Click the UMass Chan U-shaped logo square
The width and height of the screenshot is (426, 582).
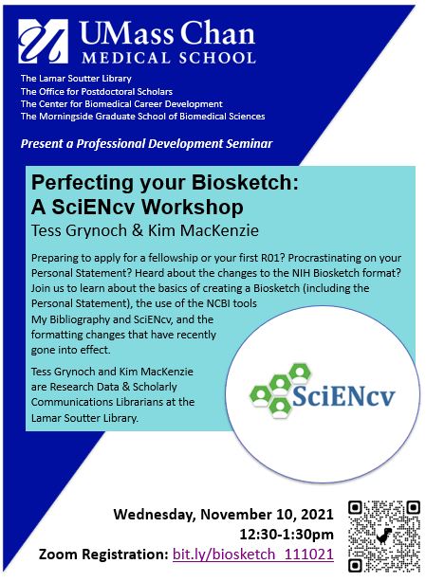pos(43,41)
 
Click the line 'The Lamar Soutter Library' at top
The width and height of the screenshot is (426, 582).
pos(76,79)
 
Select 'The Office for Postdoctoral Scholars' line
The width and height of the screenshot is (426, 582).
pos(97,91)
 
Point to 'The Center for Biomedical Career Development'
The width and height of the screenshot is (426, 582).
pos(121,104)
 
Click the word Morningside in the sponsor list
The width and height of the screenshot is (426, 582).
pos(66,117)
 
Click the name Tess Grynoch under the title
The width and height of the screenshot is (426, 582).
pos(79,230)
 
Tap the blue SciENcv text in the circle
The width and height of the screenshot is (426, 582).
pos(343,396)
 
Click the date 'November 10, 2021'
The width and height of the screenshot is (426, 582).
pos(267,515)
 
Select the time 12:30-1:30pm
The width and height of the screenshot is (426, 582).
pos(287,535)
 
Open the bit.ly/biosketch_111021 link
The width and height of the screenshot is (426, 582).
pos(253,555)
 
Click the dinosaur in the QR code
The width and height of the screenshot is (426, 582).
pos(384,536)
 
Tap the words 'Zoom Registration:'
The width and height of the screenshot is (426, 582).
pos(103,555)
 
